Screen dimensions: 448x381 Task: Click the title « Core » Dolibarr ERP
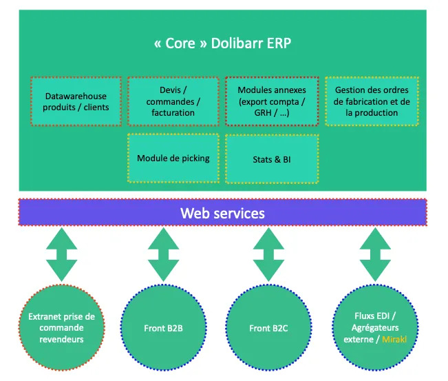click(222, 43)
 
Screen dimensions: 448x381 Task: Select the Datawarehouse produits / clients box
click(76, 101)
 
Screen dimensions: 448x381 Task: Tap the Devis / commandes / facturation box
click(173, 101)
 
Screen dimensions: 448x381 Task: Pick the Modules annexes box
click(272, 101)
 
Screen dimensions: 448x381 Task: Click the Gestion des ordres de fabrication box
click(372, 101)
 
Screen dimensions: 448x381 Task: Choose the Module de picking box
click(173, 158)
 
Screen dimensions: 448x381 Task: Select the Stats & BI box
click(272, 158)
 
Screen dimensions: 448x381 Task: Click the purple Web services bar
click(222, 212)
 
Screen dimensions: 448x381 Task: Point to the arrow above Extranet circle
click(62, 254)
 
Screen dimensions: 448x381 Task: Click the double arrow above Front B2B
click(163, 254)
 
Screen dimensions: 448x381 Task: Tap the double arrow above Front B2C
click(268, 254)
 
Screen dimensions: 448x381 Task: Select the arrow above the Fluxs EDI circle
click(375, 254)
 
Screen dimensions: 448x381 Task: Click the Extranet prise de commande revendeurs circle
click(62, 327)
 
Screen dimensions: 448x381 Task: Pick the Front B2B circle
click(163, 327)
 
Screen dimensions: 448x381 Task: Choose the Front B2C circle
click(268, 327)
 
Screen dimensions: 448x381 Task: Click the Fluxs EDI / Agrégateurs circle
click(375, 327)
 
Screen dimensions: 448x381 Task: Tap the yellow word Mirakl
click(394, 339)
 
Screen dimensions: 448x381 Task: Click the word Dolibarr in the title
click(237, 43)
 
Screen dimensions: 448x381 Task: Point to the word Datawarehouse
click(76, 96)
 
